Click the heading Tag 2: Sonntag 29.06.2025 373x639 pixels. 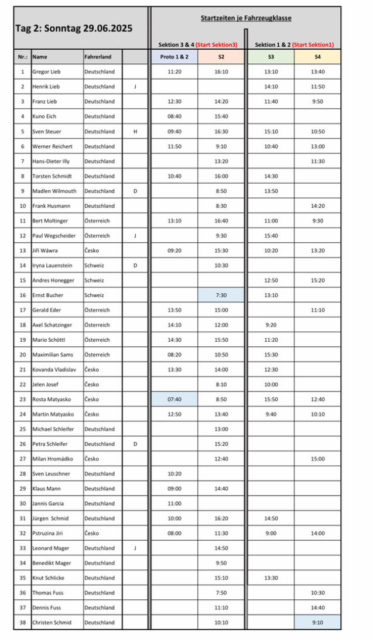(x=74, y=28)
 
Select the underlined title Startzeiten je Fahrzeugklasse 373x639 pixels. (x=246, y=18)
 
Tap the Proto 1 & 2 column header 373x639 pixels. (x=174, y=57)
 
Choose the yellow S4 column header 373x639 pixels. (x=317, y=57)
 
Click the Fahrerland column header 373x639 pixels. (x=98, y=57)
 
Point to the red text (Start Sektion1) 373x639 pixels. (x=313, y=44)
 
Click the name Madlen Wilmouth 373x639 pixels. (x=54, y=191)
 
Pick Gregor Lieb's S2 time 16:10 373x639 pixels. (x=221, y=71)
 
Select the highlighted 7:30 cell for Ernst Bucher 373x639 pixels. (x=221, y=295)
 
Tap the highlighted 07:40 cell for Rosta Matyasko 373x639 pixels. (x=174, y=399)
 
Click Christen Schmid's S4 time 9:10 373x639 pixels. (x=317, y=623)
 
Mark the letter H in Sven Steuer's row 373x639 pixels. (x=135, y=132)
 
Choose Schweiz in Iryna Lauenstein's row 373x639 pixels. (x=94, y=265)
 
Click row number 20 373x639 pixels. (x=22, y=355)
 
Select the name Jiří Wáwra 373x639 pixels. (x=45, y=250)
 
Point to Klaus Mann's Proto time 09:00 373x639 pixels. (x=174, y=489)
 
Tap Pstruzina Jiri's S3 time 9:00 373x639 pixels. (x=271, y=533)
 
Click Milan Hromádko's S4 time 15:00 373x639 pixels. (x=317, y=459)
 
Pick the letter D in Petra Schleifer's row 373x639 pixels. (x=135, y=444)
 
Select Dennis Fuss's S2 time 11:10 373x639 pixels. (x=221, y=607)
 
